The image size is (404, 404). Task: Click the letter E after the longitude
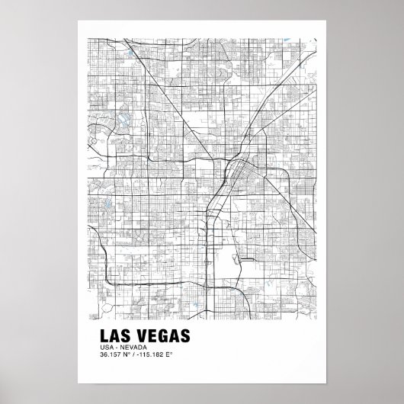coord(171,355)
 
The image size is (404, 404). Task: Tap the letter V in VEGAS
coord(135,337)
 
